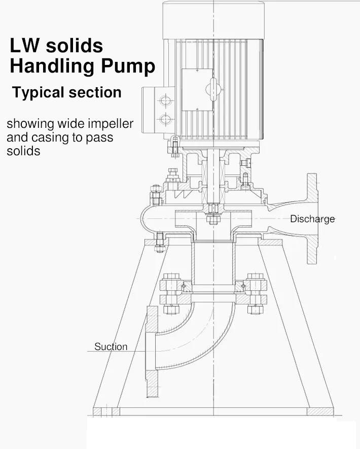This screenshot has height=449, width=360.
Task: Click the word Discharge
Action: pos(312,219)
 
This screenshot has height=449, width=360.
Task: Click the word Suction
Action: pos(111,347)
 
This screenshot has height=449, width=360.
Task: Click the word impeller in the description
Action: pos(111,124)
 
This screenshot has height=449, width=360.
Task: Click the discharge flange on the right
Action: pos(312,219)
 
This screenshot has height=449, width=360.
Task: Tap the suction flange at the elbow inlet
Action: pos(152,352)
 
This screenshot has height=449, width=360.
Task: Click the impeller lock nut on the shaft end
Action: pos(212,220)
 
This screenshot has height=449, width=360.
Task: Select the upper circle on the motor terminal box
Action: pos(165,101)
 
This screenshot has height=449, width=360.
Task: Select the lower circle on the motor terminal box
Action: pos(165,119)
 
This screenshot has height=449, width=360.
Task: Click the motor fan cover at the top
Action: pos(213,20)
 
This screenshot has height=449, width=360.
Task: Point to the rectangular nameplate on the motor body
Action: pos(197,90)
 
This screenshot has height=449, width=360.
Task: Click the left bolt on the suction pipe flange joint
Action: pos(171,294)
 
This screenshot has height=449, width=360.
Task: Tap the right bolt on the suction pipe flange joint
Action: pos(255,294)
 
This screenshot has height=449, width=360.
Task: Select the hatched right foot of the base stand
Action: pos(320,411)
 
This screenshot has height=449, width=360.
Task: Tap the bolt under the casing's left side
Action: pos(160,242)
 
